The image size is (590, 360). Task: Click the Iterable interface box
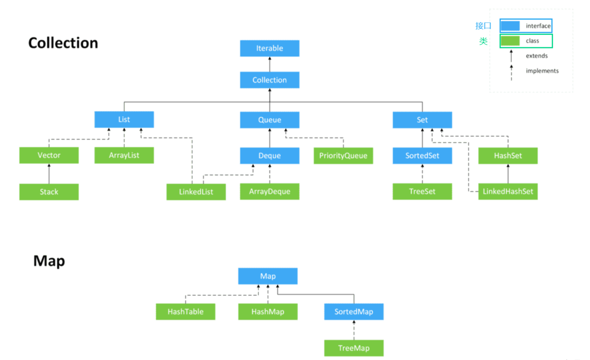270,48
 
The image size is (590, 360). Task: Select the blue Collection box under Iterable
270,80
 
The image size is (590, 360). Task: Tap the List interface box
124,119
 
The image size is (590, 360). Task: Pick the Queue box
270,120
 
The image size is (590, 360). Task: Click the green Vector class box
49,155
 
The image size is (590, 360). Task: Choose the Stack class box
49,192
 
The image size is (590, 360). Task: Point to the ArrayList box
124,155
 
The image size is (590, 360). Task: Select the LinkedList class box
196,192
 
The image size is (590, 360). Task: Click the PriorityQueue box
343,156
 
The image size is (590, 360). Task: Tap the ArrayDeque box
270,191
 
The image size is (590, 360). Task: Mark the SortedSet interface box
422,156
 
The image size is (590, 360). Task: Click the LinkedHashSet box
508,191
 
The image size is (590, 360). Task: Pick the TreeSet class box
422,191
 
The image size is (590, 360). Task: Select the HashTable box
186,312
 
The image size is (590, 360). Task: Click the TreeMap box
354,348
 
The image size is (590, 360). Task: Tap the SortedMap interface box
354,312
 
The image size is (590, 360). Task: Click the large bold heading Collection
63,43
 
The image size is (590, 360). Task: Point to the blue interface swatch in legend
510,26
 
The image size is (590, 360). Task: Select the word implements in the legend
542,71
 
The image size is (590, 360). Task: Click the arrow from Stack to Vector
49,174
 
